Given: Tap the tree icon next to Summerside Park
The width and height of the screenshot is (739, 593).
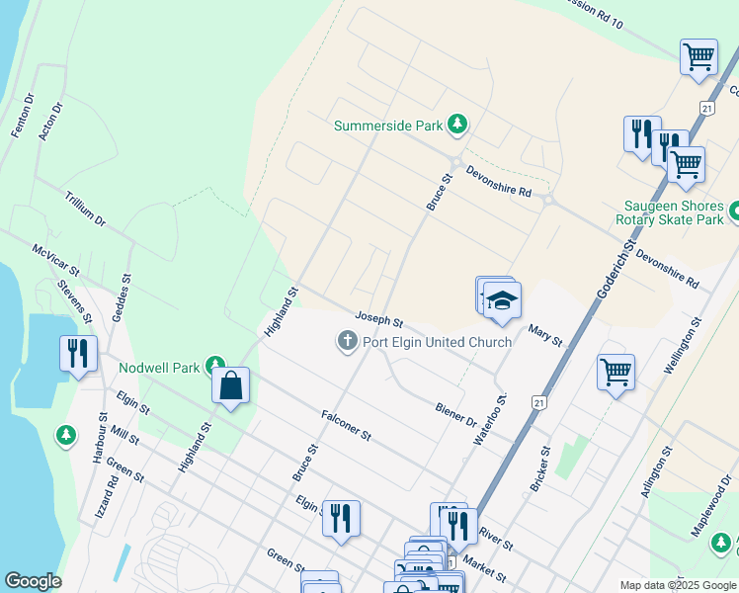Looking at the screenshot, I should tap(456, 124).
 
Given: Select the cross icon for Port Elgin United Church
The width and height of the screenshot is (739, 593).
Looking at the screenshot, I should tap(347, 342).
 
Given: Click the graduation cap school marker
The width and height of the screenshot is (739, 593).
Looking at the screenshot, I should tap(502, 299).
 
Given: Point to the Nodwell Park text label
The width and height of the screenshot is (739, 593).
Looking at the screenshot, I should tap(158, 368).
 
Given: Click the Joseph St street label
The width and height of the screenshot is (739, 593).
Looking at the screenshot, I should tap(379, 321).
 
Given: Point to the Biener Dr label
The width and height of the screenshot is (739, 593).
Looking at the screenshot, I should tap(455, 413).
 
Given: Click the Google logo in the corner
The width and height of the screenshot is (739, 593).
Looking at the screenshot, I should tap(33, 581).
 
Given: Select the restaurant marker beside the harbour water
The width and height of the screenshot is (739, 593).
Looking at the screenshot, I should tap(78, 353).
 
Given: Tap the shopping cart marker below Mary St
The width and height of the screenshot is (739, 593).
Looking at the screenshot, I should tap(616, 373).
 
